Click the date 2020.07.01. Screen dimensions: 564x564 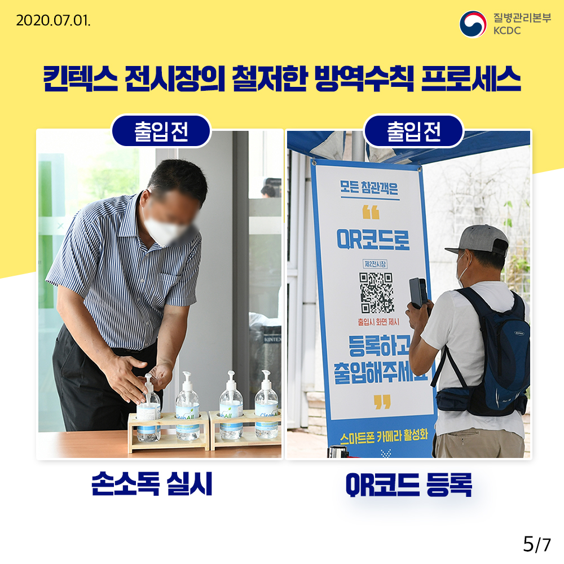click(53, 21)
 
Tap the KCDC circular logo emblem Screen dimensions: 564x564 click(473, 24)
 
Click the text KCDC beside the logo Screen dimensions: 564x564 click(506, 30)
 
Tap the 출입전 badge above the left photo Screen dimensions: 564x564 click(161, 131)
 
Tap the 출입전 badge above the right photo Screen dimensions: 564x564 click(413, 131)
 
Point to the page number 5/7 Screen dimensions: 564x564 click(536, 544)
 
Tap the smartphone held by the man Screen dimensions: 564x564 click(418, 292)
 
